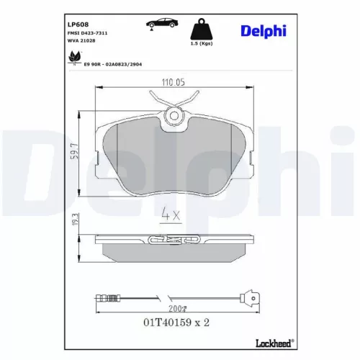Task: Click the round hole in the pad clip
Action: tap(173, 117)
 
